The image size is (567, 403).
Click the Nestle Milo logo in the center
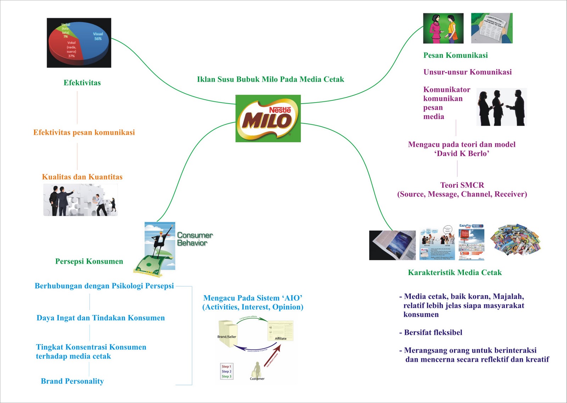point(268,118)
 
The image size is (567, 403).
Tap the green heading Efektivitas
point(82,83)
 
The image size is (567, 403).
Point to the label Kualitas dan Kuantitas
point(82,177)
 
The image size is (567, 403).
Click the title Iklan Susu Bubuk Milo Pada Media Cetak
point(270,79)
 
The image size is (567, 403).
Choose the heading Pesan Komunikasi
point(455,55)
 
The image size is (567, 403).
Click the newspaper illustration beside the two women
point(492,28)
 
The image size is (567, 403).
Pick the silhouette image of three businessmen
point(501,107)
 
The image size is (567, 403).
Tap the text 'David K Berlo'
point(462,154)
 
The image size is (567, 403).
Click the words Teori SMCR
point(462,185)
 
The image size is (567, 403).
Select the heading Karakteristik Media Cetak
point(455,272)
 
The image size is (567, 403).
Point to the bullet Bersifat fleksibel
point(433,333)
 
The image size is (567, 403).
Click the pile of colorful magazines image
point(516,240)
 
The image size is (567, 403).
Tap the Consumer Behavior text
point(195,239)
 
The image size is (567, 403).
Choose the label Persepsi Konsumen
point(89,261)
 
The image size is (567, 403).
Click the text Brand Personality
point(72,381)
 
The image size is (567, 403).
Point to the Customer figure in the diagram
point(257,371)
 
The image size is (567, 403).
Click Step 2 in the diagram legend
point(226,371)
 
